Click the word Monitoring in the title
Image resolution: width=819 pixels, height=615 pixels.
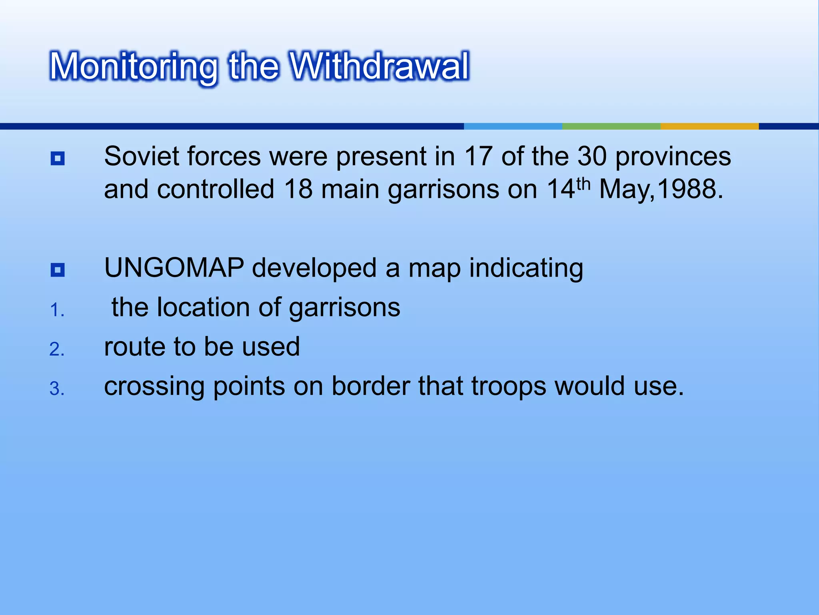coord(134,67)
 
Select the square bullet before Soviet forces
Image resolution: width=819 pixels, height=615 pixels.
coord(58,159)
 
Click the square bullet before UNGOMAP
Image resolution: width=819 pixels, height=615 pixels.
coord(58,270)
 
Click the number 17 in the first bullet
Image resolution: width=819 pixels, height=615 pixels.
coord(478,156)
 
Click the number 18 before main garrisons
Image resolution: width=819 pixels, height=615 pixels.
coord(298,189)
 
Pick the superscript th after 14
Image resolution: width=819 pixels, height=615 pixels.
coord(583,184)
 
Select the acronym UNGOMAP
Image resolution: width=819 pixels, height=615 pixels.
coord(174,268)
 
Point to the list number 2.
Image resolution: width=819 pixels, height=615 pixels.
coord(57,350)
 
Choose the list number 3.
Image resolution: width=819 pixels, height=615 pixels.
coord(57,389)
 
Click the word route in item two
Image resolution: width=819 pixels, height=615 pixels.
coord(134,347)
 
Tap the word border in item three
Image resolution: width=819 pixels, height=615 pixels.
coord(371,386)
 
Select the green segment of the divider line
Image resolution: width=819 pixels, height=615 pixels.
coord(611,126)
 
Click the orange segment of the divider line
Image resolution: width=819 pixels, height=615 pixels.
coord(709,126)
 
